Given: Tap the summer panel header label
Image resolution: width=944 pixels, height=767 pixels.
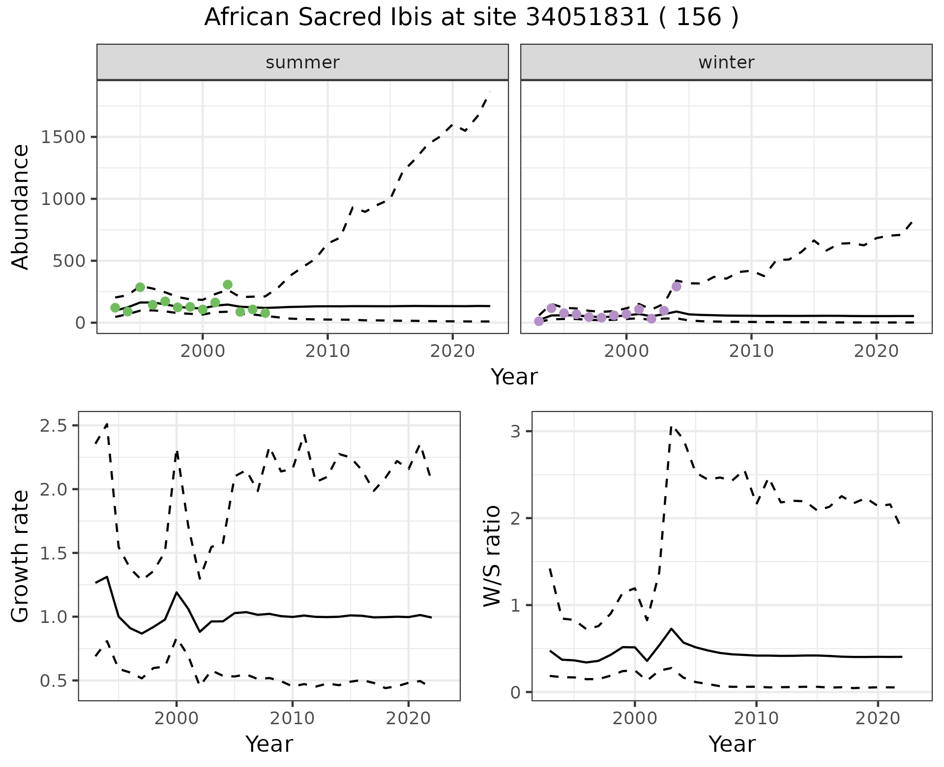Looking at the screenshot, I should click(x=302, y=62).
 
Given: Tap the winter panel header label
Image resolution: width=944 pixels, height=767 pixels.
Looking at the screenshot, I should click(x=726, y=62).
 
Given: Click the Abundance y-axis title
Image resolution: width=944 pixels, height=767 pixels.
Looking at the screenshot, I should click(x=21, y=206).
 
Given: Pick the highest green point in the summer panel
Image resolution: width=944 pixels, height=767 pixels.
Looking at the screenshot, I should click(x=228, y=285).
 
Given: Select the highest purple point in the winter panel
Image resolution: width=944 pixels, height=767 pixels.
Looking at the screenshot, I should click(x=677, y=287).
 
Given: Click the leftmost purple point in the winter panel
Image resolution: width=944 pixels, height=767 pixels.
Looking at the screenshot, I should click(x=539, y=321).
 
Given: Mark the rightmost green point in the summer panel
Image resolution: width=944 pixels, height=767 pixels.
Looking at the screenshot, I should click(x=265, y=313).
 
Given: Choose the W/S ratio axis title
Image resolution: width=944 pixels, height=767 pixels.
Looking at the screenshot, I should click(x=492, y=556).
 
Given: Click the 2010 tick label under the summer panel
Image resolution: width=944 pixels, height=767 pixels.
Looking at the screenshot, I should click(x=327, y=352).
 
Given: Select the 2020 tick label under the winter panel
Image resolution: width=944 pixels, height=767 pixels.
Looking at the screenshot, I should click(x=876, y=352).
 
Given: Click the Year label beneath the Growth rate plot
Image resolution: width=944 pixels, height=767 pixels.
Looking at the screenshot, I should click(x=269, y=744).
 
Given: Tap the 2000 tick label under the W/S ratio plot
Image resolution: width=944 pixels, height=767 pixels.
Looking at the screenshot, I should click(x=635, y=719).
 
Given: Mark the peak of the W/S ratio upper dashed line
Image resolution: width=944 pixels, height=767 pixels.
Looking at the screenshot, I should click(x=672, y=427).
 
